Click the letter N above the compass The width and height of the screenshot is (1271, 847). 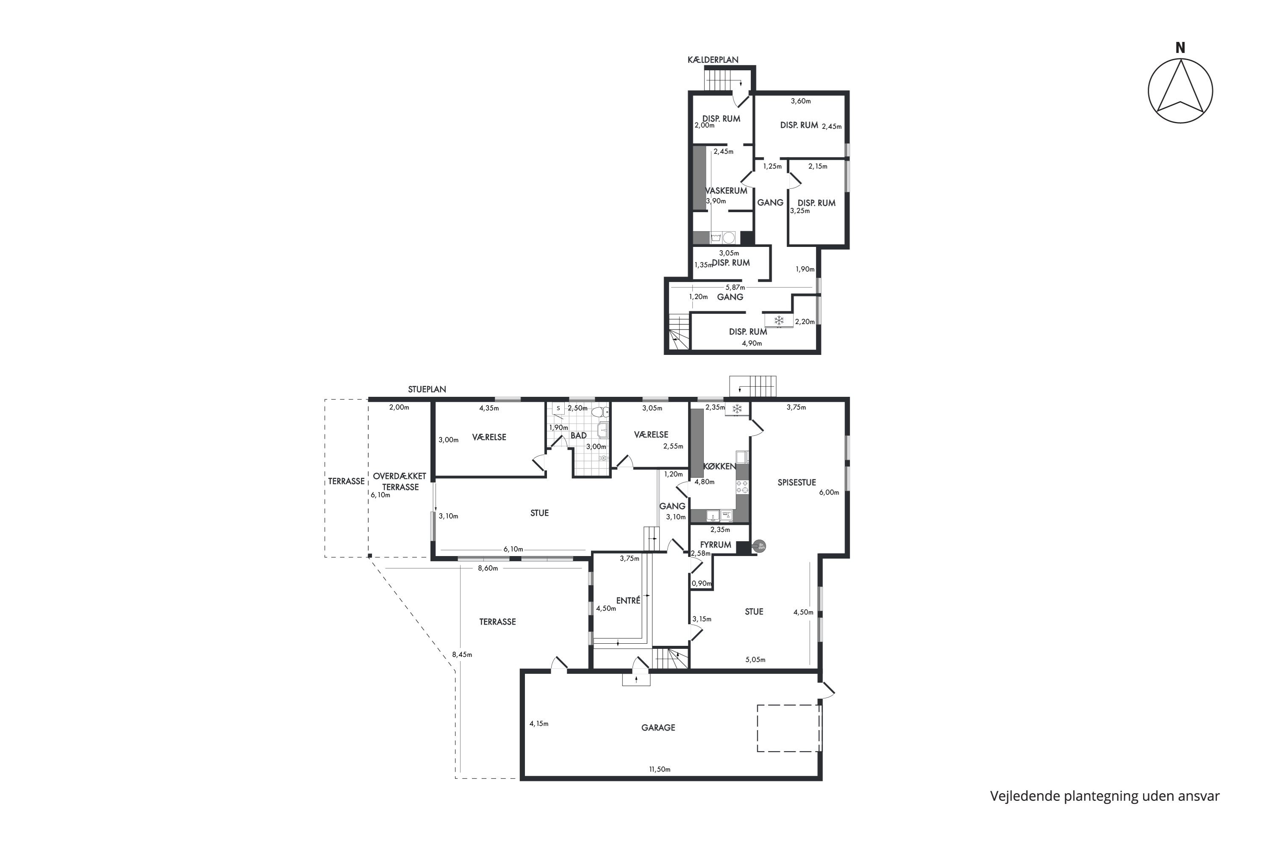pos(1180,48)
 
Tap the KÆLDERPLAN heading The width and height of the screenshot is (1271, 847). pos(713,60)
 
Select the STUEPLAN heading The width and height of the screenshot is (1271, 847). pos(427,389)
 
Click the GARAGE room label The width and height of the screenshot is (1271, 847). pos(658,728)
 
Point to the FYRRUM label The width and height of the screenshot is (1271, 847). pos(716,545)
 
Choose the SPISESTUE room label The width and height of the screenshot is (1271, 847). pos(796,482)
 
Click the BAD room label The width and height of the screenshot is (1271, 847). pos(578,435)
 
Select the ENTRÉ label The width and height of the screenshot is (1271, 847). pos(628,600)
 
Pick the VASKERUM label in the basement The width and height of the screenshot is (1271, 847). pos(726,191)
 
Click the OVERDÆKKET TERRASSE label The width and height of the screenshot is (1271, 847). pos(400,481)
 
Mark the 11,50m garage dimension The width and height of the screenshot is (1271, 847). pos(659,769)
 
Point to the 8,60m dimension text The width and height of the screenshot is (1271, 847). pos(488,568)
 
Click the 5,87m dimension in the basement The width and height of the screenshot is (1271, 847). pos(735,288)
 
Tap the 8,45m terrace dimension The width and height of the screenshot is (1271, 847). pos(462,655)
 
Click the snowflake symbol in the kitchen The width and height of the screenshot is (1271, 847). pos(737,409)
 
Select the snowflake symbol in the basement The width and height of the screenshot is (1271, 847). pos(779,321)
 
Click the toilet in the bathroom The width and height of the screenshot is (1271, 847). pos(599,412)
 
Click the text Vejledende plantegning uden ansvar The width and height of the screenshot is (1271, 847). pos(1104,796)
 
